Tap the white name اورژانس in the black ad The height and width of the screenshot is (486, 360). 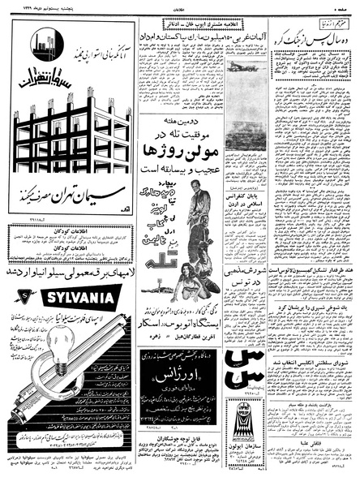click(x=178, y=381)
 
